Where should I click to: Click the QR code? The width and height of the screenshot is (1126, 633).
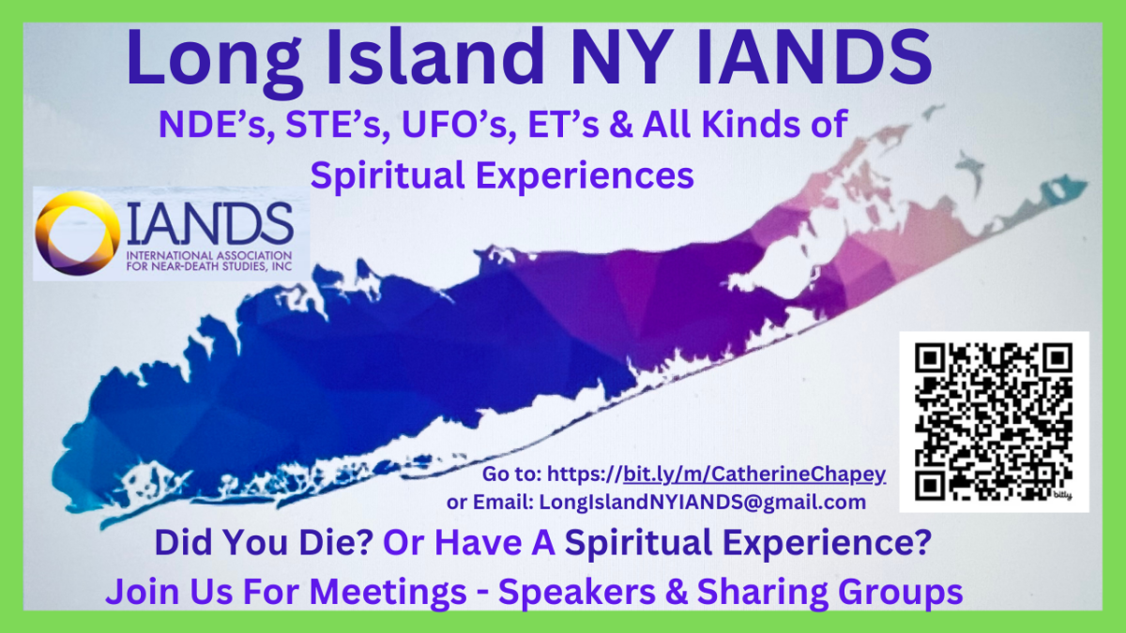(x=994, y=421)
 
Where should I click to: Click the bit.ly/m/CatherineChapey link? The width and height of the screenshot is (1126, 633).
(x=754, y=475)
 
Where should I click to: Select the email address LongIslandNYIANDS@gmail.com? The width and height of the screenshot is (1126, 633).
(x=703, y=502)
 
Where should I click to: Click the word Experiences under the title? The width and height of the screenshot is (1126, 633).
(x=585, y=176)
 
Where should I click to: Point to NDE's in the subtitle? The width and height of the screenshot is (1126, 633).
(x=212, y=125)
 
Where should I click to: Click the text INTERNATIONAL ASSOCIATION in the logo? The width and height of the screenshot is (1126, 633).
(x=209, y=255)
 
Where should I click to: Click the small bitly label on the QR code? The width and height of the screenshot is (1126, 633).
(x=1062, y=496)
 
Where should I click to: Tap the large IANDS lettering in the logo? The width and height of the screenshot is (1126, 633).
(x=210, y=223)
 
